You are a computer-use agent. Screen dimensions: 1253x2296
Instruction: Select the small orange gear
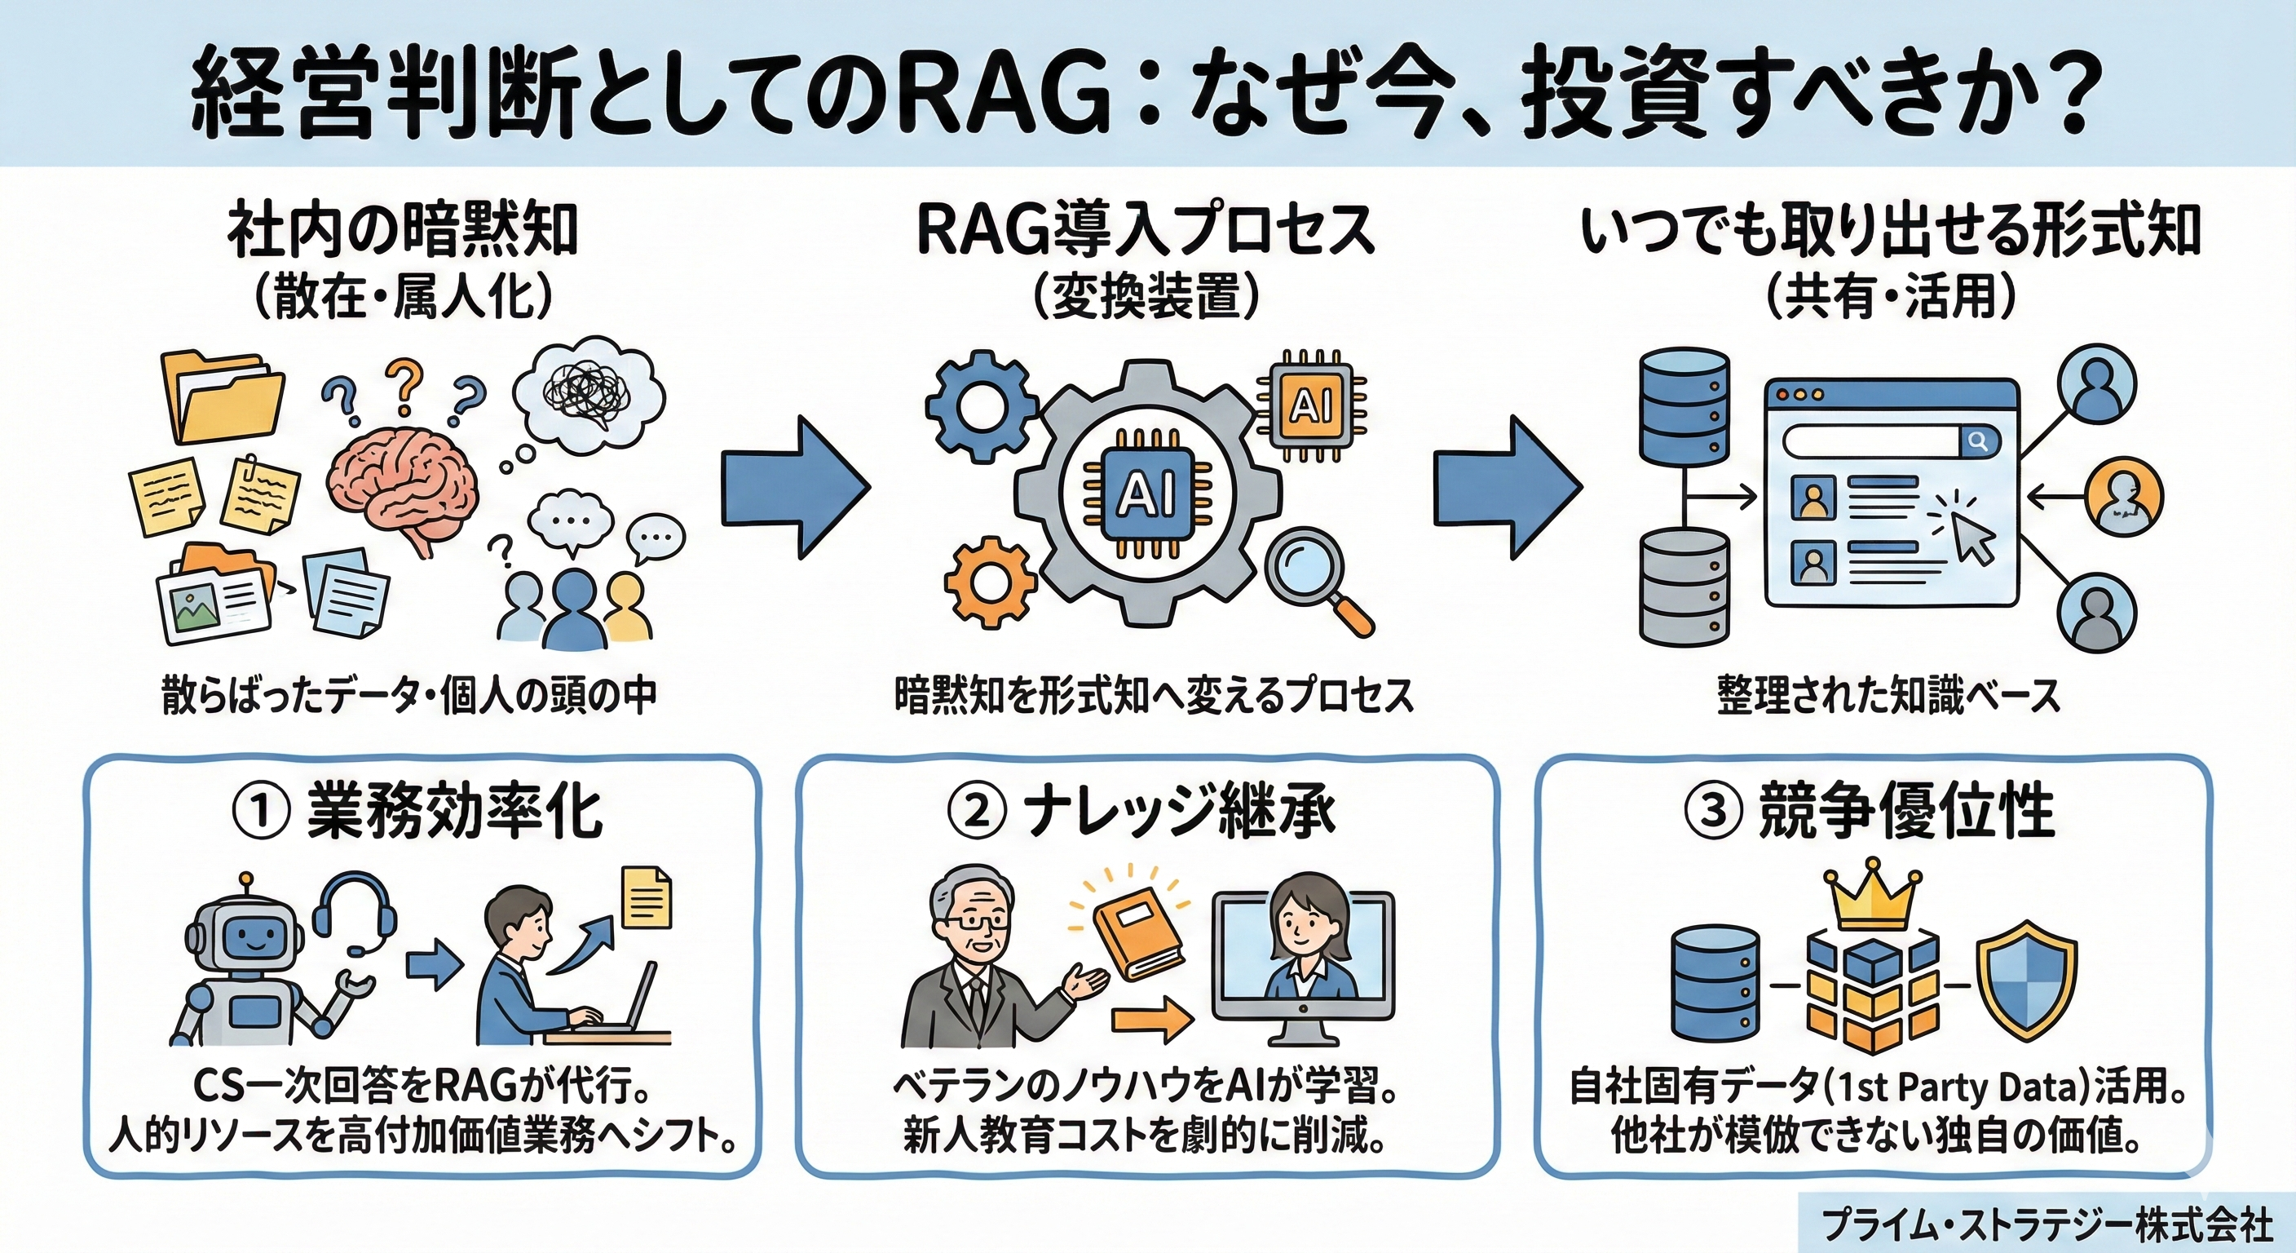[x=989, y=580]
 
